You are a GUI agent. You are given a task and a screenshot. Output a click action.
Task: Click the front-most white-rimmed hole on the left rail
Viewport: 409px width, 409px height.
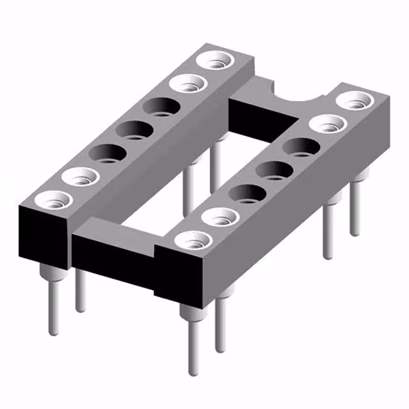pyautogui.click(x=51, y=199)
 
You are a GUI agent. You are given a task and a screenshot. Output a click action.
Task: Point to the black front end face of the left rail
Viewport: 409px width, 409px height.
pyautogui.click(x=42, y=236)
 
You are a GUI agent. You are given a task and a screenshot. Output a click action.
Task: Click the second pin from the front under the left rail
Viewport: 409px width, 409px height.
pyautogui.click(x=80, y=291)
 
